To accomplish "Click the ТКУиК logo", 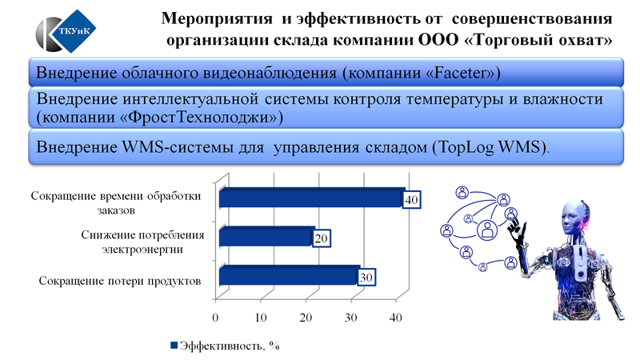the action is (66, 31).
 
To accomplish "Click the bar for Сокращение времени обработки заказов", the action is (312, 198).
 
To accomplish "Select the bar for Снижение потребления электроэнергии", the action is (267, 237).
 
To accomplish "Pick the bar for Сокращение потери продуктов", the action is (290, 275).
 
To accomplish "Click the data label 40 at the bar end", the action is (411, 199).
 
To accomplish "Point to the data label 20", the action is (322, 238).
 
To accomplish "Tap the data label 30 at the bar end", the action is (366, 278).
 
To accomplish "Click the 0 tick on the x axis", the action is (215, 318).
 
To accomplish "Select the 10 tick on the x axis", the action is (261, 318).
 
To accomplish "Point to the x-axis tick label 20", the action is (306, 318).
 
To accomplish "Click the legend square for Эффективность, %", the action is (174, 346).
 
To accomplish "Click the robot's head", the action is (574, 217).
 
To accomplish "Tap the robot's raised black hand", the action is (515, 229).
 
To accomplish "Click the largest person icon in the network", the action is (487, 230).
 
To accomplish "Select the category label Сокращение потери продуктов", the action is (120, 281).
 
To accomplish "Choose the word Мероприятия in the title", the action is (217, 18).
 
